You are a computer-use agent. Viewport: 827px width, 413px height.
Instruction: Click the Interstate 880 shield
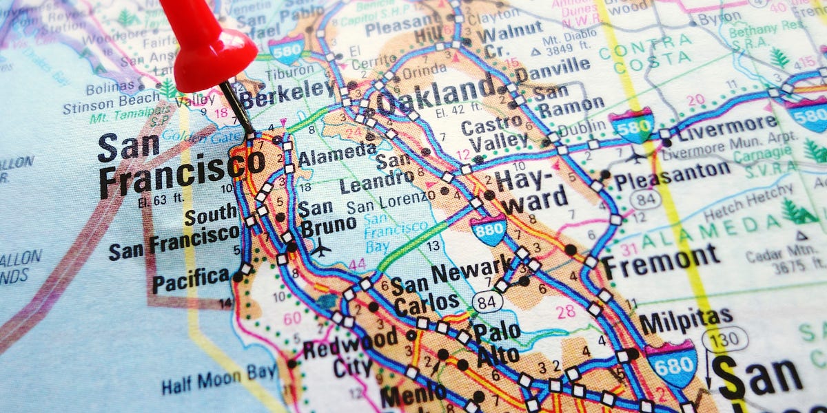[489, 229]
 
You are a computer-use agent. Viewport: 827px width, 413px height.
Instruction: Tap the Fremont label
[661, 260]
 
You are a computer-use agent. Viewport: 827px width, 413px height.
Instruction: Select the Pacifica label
[191, 279]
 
